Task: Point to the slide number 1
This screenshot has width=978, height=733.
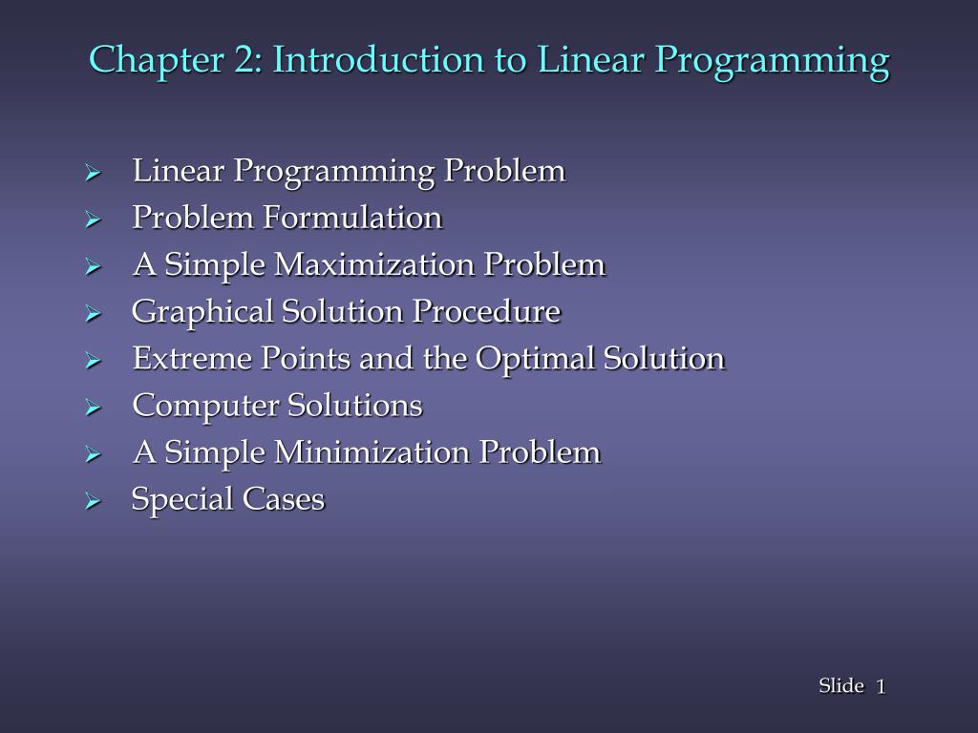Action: click(x=881, y=686)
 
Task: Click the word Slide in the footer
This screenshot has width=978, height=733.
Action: click(x=840, y=686)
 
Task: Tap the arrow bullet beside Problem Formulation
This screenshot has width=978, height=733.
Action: click(x=93, y=220)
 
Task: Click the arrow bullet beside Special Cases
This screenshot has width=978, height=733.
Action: click(x=93, y=501)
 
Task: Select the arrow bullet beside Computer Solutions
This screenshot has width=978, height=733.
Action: click(x=93, y=408)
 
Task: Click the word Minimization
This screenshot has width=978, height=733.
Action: click(x=373, y=451)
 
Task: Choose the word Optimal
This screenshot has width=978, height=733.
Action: click(x=537, y=359)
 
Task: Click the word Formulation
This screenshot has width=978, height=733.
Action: click(x=352, y=218)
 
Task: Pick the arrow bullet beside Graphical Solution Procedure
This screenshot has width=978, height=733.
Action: click(x=93, y=314)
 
